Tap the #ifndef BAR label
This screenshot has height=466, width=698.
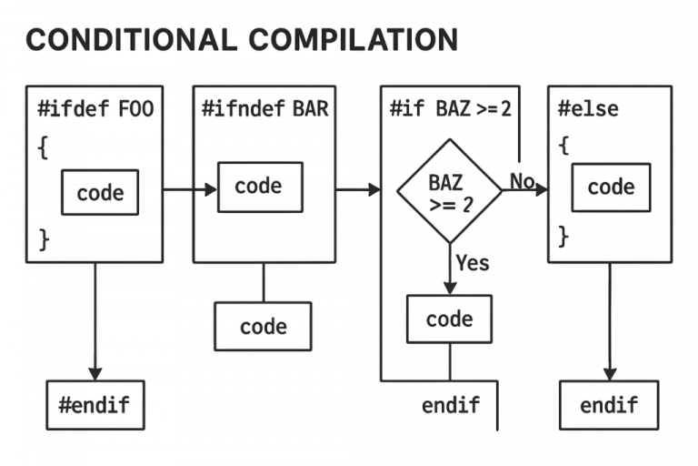(x=264, y=110)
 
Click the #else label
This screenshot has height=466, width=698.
(x=588, y=110)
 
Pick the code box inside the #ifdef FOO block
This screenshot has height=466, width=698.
(x=100, y=192)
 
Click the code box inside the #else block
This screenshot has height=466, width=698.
(x=611, y=187)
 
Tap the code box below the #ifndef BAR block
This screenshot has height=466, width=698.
(x=263, y=327)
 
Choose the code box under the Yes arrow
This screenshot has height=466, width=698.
(x=449, y=319)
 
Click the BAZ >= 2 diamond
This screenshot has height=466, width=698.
(x=449, y=191)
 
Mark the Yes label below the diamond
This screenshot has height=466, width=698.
(x=473, y=264)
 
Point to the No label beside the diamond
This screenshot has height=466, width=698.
(x=522, y=181)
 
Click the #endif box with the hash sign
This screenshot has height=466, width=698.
(x=95, y=405)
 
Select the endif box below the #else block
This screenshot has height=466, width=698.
(x=609, y=405)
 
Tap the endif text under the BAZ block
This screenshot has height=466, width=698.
(x=450, y=405)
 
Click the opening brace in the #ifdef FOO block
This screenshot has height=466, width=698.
(x=43, y=148)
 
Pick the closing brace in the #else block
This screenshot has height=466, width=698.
(x=563, y=237)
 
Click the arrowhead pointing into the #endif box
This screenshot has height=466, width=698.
(x=95, y=373)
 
